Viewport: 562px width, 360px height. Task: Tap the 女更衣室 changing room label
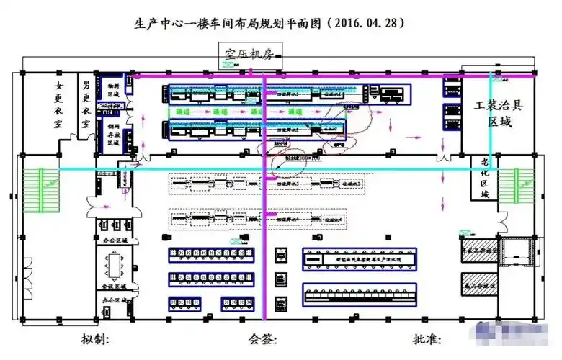(x=59, y=105)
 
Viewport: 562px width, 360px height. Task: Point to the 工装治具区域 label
(x=499, y=114)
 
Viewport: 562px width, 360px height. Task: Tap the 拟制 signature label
(x=95, y=338)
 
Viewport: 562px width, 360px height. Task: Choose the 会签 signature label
(x=262, y=338)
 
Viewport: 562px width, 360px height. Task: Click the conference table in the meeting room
(x=115, y=264)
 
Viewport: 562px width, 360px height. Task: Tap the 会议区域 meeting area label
(x=114, y=287)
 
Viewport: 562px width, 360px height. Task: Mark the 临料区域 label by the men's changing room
(x=113, y=87)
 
